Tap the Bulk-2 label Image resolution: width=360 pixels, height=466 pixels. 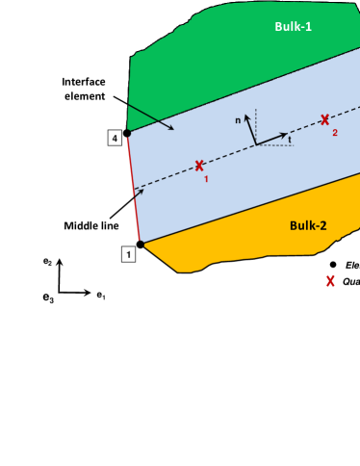(308, 225)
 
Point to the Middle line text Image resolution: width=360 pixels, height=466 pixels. (90, 226)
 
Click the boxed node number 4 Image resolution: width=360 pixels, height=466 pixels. (115, 139)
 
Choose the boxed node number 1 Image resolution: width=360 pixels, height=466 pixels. (126, 254)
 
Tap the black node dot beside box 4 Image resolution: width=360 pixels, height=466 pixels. (127, 134)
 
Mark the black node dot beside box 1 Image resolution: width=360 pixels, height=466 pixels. (141, 245)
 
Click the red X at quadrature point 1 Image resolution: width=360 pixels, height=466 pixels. (199, 166)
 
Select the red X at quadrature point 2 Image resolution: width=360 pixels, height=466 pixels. (325, 119)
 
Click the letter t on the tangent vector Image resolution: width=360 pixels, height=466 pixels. (290, 140)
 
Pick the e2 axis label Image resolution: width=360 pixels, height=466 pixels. (46, 261)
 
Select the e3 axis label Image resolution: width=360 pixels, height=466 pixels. (47, 299)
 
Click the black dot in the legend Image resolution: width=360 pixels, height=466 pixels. (332, 264)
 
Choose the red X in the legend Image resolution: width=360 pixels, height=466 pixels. (331, 281)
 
